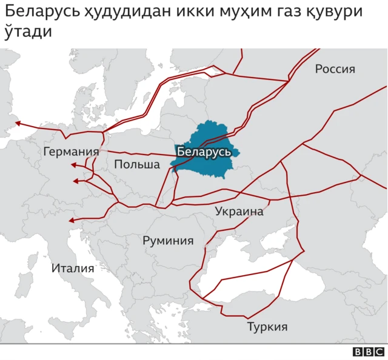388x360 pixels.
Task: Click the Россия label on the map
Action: (x=335, y=69)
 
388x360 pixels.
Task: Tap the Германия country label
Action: (x=71, y=152)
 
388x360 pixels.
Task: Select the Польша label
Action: (x=136, y=164)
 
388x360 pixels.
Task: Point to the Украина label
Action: (x=239, y=212)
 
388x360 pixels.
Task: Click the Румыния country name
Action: (x=168, y=241)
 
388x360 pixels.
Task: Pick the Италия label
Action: (x=73, y=268)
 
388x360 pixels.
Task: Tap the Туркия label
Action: (x=267, y=327)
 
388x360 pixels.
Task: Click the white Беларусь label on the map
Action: (x=203, y=152)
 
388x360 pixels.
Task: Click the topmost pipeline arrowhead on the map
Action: (x=18, y=123)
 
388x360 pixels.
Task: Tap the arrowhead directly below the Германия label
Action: (x=73, y=165)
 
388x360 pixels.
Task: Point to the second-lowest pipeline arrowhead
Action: (x=75, y=181)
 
